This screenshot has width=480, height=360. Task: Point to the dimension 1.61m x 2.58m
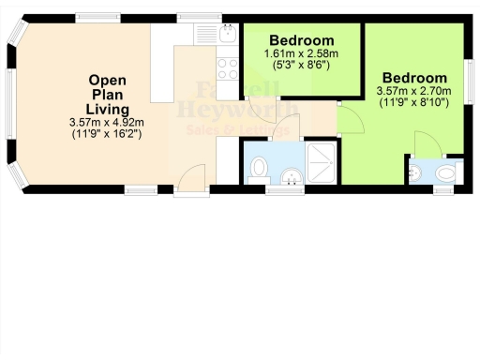[301, 54]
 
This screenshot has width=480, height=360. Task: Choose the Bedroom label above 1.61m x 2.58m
[301, 40]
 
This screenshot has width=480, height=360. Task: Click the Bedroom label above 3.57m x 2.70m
[413, 77]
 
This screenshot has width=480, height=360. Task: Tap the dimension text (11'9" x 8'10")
[413, 102]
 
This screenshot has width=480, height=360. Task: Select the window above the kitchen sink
[199, 17]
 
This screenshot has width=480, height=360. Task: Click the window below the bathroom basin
[279, 189]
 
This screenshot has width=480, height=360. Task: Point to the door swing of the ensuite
[424, 142]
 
